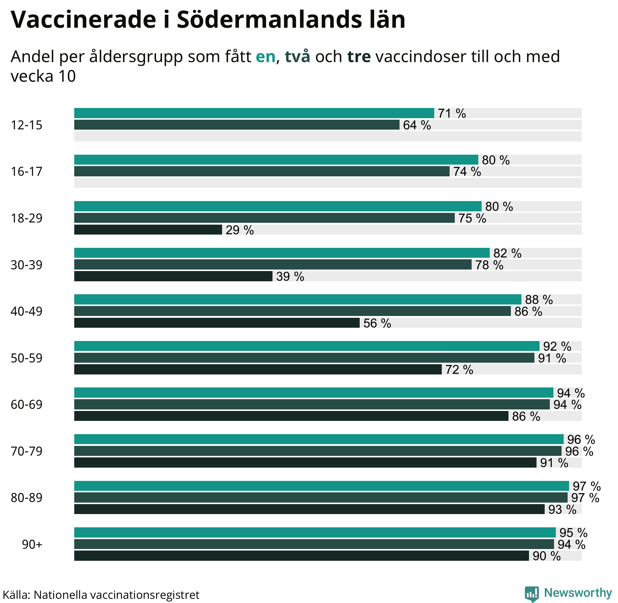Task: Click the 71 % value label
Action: (452, 113)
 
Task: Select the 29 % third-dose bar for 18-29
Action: (148, 230)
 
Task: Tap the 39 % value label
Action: (290, 276)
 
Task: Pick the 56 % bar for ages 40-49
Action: (217, 323)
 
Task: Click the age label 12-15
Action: (27, 125)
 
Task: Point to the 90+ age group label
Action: (32, 545)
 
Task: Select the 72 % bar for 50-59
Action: (258, 369)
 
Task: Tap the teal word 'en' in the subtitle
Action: (266, 57)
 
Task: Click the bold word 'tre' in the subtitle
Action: (359, 57)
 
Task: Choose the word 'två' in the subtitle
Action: (297, 57)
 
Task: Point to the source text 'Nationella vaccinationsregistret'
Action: (116, 595)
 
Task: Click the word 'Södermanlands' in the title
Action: (269, 20)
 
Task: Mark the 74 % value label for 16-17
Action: (467, 172)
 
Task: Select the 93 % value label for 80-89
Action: (562, 510)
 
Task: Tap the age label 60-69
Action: (27, 405)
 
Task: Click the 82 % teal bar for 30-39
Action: (282, 253)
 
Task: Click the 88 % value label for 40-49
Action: (539, 300)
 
